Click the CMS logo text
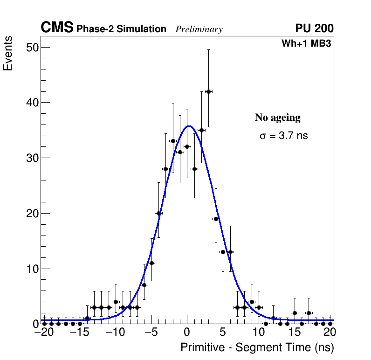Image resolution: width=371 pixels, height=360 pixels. point(57,28)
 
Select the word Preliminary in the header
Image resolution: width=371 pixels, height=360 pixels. point(199,29)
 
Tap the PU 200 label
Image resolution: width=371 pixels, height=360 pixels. point(314,28)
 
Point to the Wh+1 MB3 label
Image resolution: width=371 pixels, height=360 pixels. point(306,43)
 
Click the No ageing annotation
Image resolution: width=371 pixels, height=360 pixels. point(277,118)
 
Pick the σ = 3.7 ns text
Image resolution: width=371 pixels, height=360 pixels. point(283,136)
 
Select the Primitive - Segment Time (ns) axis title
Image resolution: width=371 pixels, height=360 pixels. point(257,347)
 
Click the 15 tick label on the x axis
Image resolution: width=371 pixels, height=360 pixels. point(295,332)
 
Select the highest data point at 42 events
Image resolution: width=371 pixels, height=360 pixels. point(208,91)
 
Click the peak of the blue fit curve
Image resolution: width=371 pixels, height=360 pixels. point(189,126)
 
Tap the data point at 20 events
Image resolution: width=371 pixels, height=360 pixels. point(158,213)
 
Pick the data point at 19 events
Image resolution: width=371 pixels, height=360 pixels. point(216,219)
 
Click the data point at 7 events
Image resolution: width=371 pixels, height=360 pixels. point(144,285)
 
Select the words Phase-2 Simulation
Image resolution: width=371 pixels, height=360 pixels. point(121,29)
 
